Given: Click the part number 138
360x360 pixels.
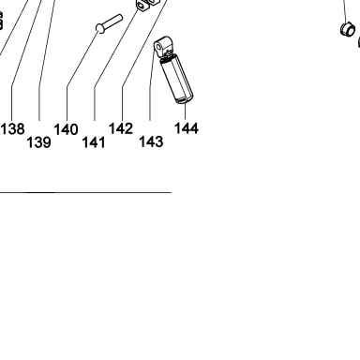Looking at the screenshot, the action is pos(12,129).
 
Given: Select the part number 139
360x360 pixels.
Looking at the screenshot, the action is pos(38,142).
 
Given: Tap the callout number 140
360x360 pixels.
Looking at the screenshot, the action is pos(66,129).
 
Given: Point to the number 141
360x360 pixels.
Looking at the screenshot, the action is pos(94,142).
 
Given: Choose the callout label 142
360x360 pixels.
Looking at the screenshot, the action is pos(121,128).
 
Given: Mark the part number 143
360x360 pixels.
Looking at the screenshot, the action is pos(151,142).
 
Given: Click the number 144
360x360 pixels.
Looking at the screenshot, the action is pos(187,128).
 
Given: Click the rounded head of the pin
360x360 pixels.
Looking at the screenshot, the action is pos(100,28).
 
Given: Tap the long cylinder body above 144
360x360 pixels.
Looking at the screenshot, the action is pos(177,78).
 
